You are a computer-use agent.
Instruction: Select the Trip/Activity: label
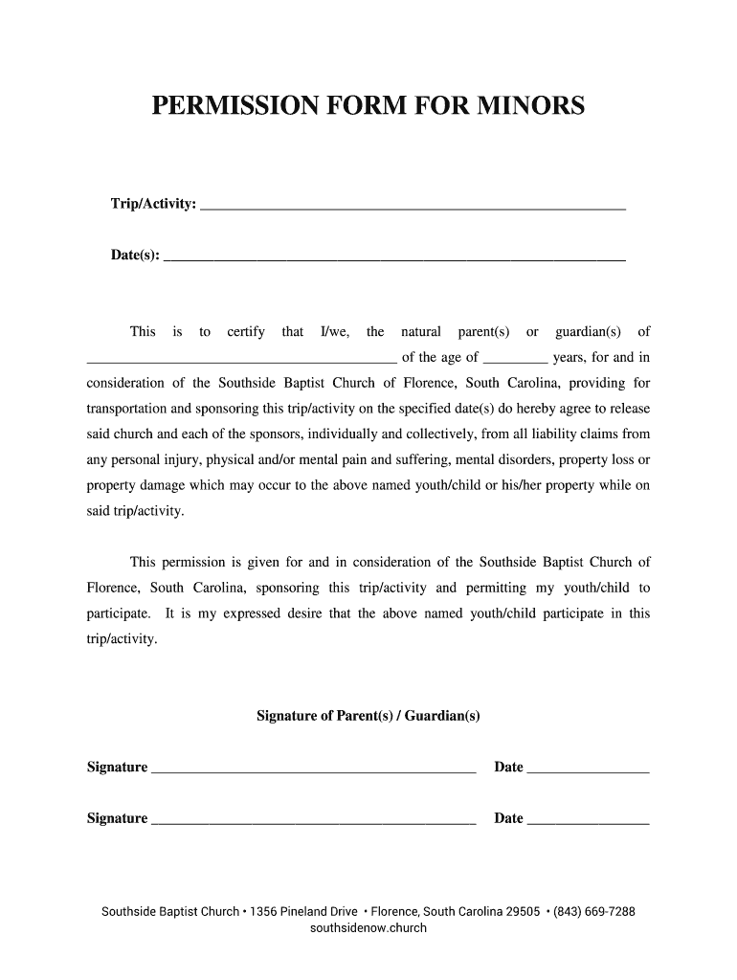click(x=154, y=205)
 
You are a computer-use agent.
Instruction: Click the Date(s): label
click(x=136, y=256)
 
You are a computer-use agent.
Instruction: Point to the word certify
click(x=246, y=332)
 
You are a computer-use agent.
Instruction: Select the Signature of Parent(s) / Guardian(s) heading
click(x=368, y=716)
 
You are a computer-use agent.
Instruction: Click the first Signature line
click(x=314, y=768)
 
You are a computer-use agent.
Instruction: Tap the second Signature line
click(x=314, y=820)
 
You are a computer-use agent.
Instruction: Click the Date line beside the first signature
click(x=588, y=768)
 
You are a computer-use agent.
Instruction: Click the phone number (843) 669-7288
click(x=594, y=912)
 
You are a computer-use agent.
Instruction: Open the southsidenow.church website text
click(x=368, y=928)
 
